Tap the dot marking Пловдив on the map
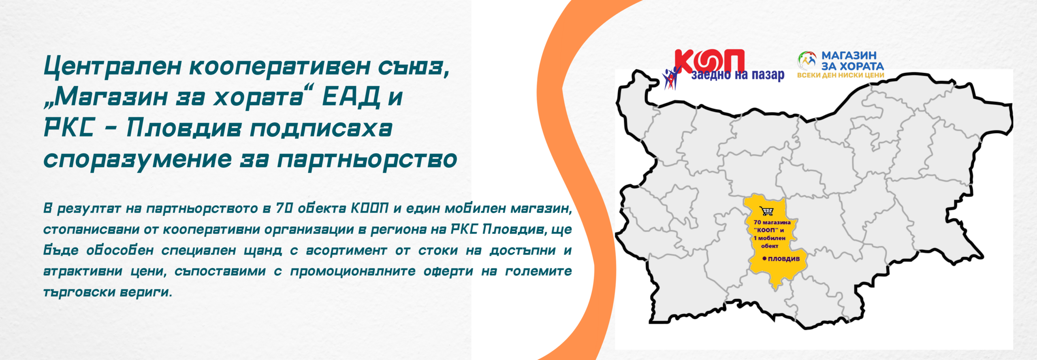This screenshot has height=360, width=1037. pos(764,258)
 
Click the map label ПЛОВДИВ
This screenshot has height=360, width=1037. pos(784,259)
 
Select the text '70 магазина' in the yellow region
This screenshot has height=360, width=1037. pos(772,222)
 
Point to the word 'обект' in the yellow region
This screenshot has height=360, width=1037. pos(770,246)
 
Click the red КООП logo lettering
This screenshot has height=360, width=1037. pos(710,62)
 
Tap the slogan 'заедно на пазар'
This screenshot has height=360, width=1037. pos(738,75)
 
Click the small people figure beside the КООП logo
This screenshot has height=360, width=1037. pos(670,79)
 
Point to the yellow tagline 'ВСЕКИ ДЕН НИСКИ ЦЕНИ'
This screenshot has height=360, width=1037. pos(841,75)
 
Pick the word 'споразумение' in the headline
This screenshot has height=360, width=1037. pos(138,160)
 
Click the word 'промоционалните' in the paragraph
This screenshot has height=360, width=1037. pos(352,271)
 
